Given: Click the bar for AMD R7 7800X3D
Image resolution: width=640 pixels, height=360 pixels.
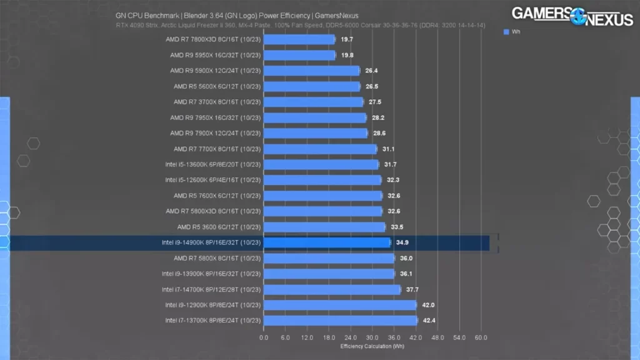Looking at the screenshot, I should (299, 39).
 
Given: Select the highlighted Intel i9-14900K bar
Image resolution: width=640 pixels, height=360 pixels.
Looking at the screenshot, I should (327, 242).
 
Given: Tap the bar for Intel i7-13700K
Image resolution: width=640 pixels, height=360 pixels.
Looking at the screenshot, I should (341, 321).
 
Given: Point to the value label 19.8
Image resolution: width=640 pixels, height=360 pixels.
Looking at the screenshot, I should (347, 55).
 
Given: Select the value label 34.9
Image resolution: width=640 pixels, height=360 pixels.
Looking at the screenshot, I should (402, 242).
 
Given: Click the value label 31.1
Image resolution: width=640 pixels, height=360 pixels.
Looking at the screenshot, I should (388, 149).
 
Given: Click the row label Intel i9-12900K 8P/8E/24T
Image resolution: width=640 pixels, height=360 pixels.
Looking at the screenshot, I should (212, 305).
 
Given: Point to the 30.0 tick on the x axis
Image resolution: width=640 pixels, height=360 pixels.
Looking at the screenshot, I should (372, 337).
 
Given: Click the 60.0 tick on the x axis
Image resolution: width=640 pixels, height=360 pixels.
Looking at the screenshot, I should (481, 337).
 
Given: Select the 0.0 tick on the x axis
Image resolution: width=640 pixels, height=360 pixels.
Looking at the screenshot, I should (264, 337).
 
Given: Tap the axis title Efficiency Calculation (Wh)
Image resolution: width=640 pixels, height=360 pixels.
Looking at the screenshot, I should (372, 346).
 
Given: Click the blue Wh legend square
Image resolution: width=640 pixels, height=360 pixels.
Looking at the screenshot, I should (506, 31).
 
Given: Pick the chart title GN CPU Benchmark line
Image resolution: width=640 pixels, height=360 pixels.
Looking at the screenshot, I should (237, 16).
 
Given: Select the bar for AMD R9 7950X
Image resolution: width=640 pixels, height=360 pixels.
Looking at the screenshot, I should (315, 117).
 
